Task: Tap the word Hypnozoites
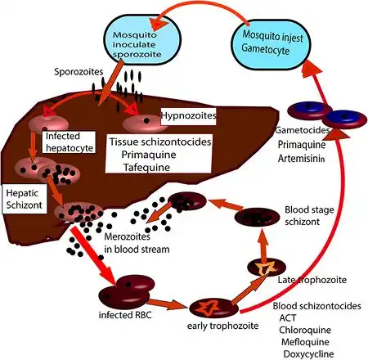pos(189,115)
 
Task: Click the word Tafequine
pos(146,167)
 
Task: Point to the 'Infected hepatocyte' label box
pos(70,142)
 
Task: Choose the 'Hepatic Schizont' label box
pos(24,199)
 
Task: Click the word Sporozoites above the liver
pos(79,72)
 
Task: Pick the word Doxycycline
pos(308,354)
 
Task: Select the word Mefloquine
pos(305,342)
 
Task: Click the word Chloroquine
pos(305,330)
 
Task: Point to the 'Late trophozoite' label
pos(312,280)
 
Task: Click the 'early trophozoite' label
pos(222,326)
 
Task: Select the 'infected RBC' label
pos(125,315)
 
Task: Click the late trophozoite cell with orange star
pos(267,268)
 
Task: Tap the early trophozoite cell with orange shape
pos(213,308)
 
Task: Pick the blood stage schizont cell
pos(258,217)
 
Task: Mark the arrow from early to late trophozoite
pos(249,290)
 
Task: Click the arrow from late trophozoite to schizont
pos(263,243)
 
